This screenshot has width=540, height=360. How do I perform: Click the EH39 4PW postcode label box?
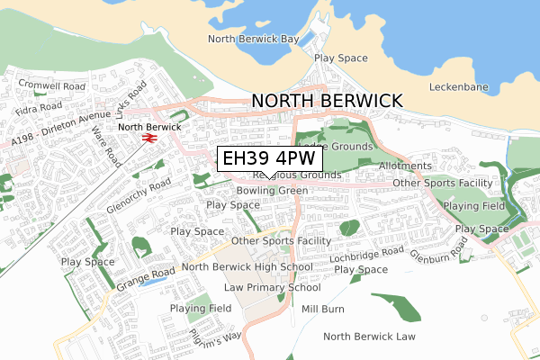coord(269,158)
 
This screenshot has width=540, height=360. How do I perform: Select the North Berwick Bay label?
coord(253,40)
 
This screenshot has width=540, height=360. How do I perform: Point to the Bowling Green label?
coord(272,191)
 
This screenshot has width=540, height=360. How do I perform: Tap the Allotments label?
coord(405,166)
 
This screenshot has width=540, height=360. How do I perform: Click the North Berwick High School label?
coord(247,267)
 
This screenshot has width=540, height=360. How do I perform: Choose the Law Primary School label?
coord(273,288)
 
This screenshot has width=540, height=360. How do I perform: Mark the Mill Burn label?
coord(323,309)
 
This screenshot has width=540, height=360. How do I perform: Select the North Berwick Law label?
coord(369,337)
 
